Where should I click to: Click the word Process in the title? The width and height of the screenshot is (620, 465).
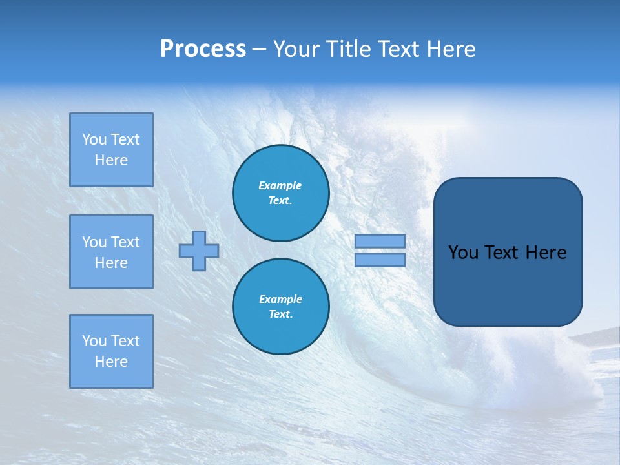[203, 49]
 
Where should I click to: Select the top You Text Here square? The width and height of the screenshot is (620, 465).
[111, 150]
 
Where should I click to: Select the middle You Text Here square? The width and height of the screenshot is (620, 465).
[111, 252]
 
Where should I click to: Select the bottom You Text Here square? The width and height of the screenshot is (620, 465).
[111, 351]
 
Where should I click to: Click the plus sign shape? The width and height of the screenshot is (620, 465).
[199, 251]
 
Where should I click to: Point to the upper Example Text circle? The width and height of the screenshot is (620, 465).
[280, 193]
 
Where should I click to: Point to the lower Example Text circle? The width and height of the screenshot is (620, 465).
[280, 306]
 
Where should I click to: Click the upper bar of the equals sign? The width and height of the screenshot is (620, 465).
[380, 241]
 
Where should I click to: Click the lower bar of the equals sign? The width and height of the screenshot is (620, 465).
[380, 260]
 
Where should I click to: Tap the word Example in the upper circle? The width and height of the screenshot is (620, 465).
[280, 185]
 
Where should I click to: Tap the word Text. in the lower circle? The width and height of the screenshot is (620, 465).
[280, 315]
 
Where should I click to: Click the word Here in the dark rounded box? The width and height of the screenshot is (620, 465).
[546, 253]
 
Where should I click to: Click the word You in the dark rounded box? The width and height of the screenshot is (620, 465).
[463, 253]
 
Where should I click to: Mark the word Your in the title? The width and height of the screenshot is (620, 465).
[296, 49]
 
